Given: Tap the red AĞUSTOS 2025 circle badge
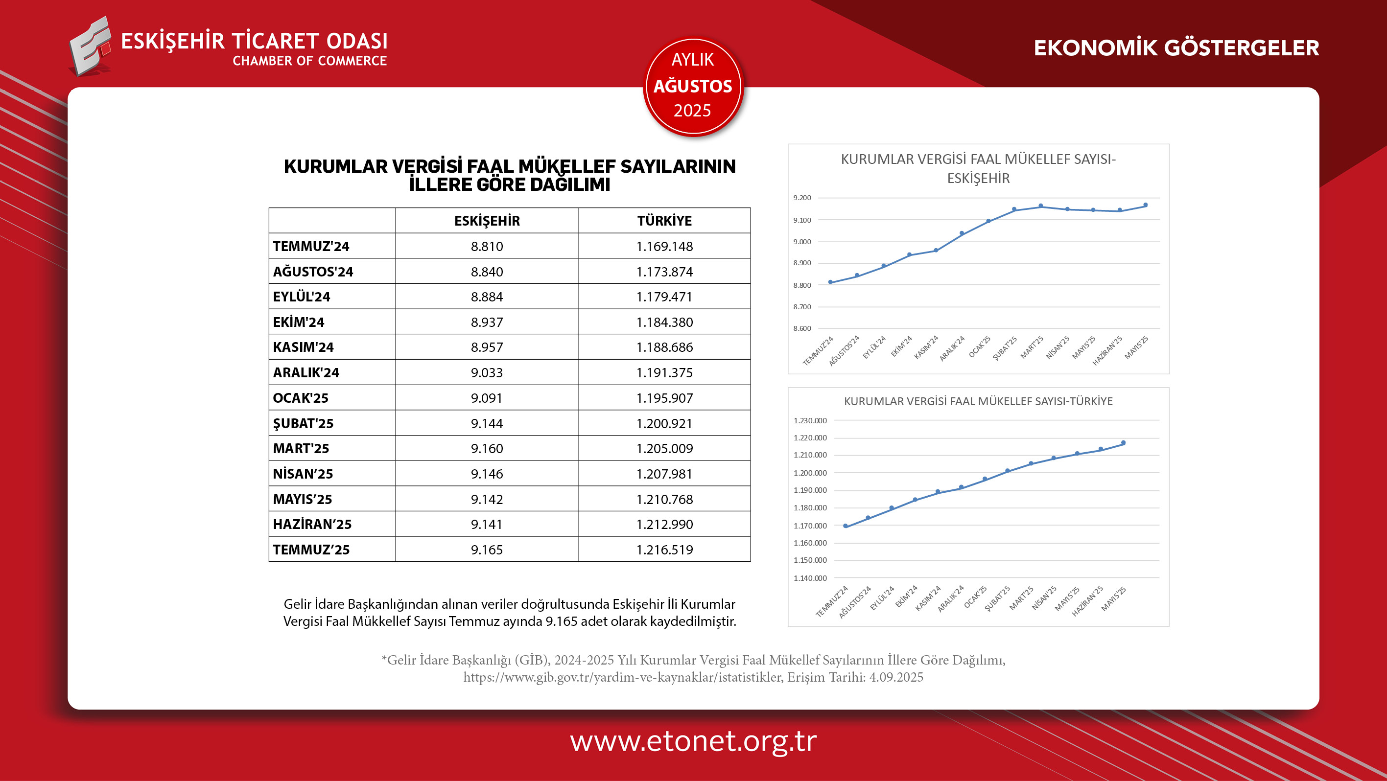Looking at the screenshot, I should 693,86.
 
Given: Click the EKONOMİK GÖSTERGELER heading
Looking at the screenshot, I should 1176,48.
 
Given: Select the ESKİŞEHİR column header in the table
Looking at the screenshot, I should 487,221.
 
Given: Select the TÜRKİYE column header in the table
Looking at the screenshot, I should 664,221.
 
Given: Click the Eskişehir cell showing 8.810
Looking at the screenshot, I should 487,247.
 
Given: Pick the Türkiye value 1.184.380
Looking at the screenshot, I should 664,322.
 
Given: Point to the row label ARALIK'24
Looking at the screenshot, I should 306,372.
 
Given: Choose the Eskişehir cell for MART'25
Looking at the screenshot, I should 487,448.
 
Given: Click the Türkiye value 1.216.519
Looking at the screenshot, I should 664,550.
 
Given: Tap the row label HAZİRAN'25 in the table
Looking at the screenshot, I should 312,524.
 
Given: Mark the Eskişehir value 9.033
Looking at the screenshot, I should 487,372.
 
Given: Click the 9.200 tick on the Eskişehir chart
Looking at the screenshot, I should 802,198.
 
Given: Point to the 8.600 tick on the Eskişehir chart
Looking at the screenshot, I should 802,328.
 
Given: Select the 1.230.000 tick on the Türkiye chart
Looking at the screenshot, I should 810,420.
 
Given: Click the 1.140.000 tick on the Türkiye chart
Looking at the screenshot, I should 810,578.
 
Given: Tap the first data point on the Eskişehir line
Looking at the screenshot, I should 830,282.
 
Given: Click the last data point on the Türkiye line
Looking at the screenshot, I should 1123,443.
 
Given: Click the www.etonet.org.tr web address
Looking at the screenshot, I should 693,741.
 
